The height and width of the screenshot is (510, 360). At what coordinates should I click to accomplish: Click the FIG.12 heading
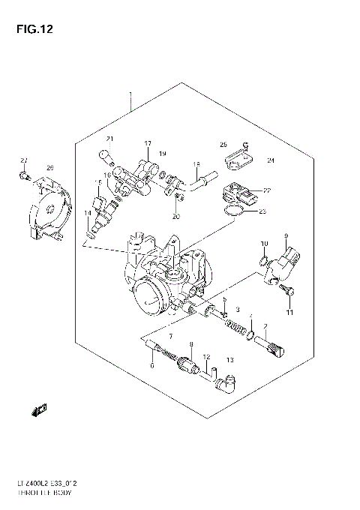[31, 30]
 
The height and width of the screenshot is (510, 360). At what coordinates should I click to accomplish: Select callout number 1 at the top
[130, 95]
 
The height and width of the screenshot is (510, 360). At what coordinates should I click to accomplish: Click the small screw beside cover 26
[25, 177]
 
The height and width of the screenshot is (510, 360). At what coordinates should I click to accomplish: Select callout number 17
[148, 143]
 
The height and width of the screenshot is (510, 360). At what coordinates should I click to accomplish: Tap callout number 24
[271, 160]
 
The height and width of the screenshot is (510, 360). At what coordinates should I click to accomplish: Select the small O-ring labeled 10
[263, 260]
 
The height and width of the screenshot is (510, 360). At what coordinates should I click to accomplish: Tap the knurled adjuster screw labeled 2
[271, 345]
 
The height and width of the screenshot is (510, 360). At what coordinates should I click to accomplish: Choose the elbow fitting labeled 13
[223, 383]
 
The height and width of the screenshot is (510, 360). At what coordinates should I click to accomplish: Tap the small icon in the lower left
[38, 409]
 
